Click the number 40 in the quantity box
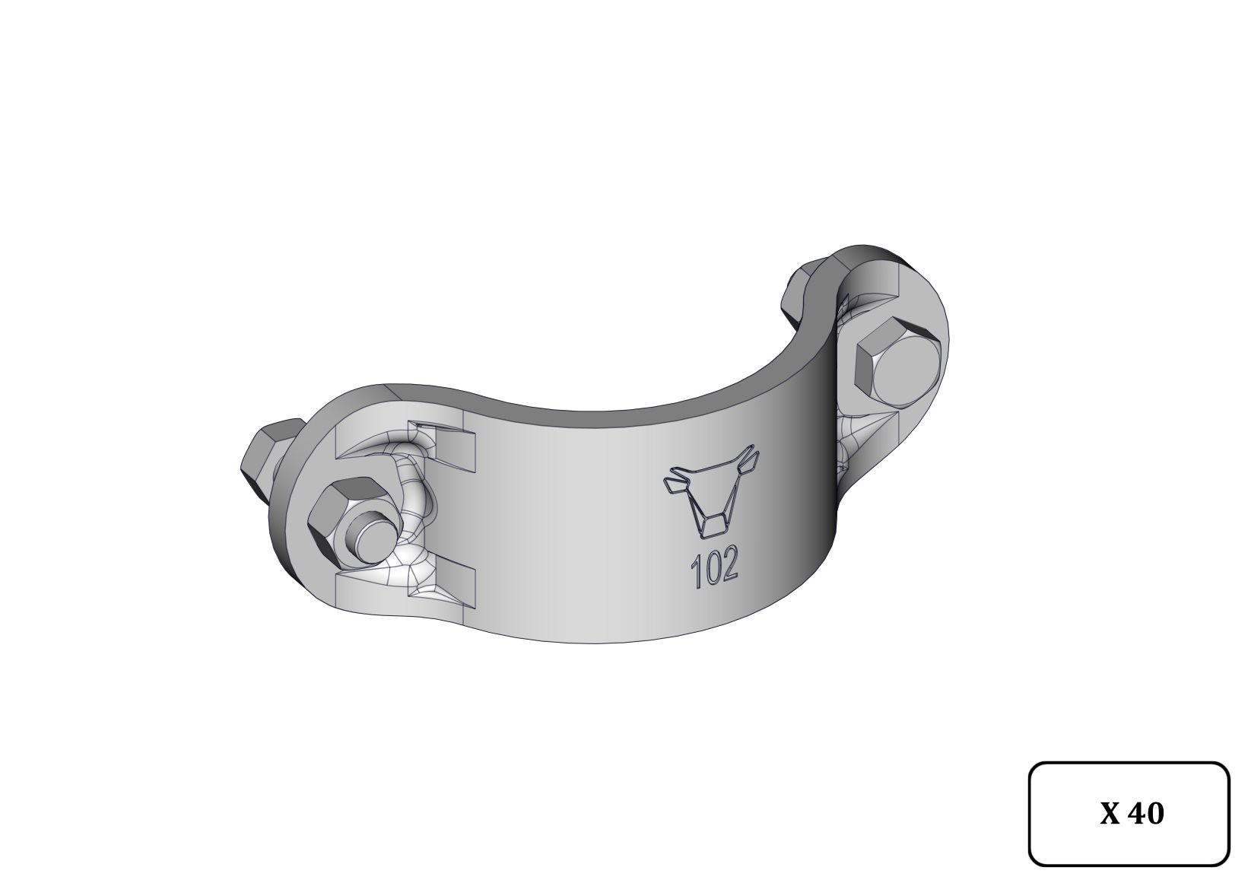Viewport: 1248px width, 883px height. click(1146, 814)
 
